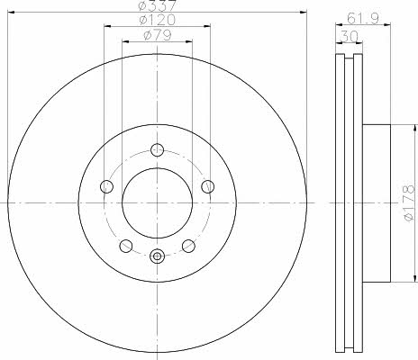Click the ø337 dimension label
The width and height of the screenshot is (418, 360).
point(157,5)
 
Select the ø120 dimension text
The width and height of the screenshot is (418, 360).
point(157,20)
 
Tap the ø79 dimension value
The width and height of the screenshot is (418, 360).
point(158,35)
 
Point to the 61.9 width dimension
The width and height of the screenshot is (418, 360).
point(363,19)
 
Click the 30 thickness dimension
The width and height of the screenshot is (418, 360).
point(349,37)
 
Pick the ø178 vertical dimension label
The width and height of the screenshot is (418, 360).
point(409,203)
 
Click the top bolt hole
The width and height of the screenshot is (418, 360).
point(157,150)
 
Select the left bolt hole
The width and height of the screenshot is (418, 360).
point(106,186)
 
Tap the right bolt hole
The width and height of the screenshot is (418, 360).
point(208,186)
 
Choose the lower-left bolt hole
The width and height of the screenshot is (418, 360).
point(126,246)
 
